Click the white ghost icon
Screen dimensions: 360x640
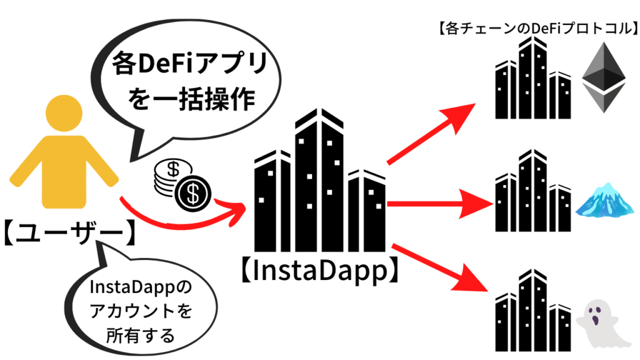pyautogui.click(x=596, y=319)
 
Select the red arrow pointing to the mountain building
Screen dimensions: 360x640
pyautogui.click(x=437, y=204)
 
